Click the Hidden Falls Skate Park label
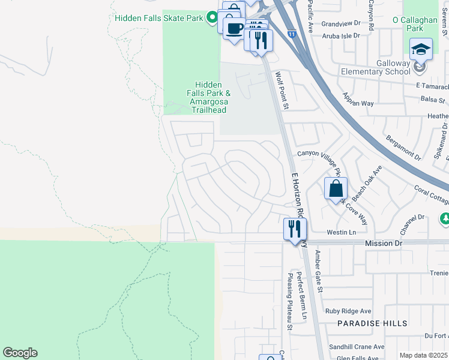click(x=159, y=18)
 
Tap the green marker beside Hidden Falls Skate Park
click(x=211, y=18)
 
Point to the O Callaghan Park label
click(x=415, y=24)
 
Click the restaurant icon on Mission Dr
click(x=295, y=229)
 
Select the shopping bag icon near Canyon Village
click(x=336, y=188)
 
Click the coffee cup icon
click(x=234, y=28)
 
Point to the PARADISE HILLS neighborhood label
click(x=372, y=323)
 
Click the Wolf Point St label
click(x=282, y=91)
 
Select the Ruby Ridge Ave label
click(x=348, y=311)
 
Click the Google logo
click(x=20, y=353)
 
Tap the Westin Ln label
click(x=341, y=232)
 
